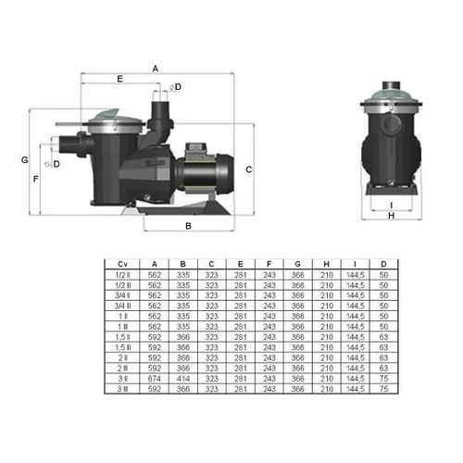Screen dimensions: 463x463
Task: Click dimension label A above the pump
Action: pyautogui.click(x=155, y=68)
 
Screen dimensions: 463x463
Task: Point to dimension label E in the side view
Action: pyautogui.click(x=119, y=81)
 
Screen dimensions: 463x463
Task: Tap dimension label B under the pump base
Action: pyautogui.click(x=188, y=225)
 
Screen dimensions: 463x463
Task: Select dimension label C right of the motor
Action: pyautogui.click(x=249, y=169)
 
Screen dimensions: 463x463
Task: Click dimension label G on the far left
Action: pyautogui.click(x=24, y=159)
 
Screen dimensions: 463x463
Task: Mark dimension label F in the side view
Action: pyautogui.click(x=35, y=178)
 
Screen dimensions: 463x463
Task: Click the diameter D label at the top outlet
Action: pyautogui.click(x=177, y=86)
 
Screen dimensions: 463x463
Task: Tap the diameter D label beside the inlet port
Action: pyautogui.click(x=56, y=164)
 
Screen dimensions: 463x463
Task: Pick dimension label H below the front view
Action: pyautogui.click(x=392, y=216)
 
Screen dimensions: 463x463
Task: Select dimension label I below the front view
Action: pyautogui.click(x=392, y=205)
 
